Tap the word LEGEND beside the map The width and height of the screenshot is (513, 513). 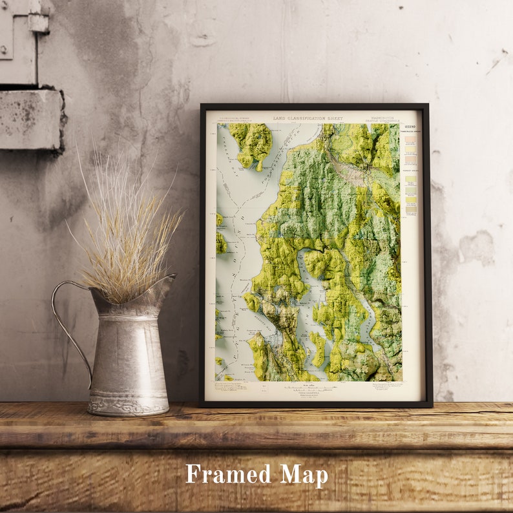point(410,126)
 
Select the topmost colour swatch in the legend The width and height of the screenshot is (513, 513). point(410,139)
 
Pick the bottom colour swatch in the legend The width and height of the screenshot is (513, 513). point(411,208)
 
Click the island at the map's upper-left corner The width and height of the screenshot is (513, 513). point(252,143)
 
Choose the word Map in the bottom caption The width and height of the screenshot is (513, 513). point(304,475)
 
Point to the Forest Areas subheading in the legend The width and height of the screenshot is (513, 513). point(410,171)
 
